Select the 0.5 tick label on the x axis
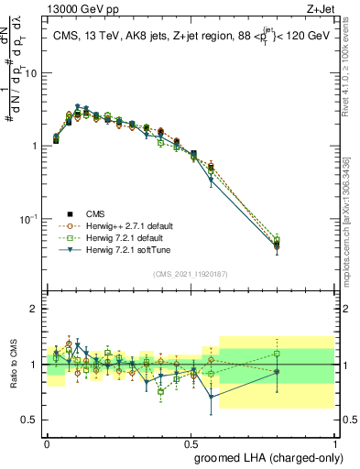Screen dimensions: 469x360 tap(191, 441)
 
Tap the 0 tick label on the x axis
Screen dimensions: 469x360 tap(48, 441)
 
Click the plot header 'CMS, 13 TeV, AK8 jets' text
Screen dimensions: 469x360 tap(115, 35)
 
